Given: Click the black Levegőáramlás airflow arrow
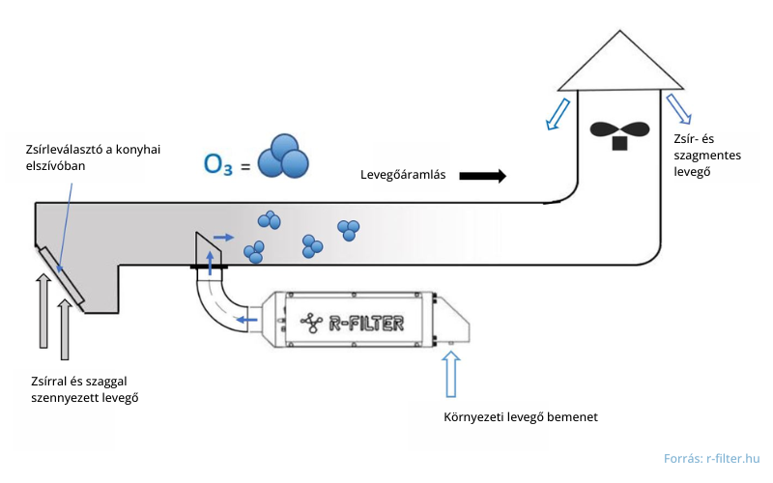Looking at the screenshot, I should (x=482, y=176).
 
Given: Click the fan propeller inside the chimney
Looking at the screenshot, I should (x=618, y=131).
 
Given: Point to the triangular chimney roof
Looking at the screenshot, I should (x=618, y=62).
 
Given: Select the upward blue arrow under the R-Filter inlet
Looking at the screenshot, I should (x=449, y=374).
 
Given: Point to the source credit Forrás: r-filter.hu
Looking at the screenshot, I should (x=711, y=459).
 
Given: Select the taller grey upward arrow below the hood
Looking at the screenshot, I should (x=43, y=310).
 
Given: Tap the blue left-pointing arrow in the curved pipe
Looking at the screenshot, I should (x=247, y=320).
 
